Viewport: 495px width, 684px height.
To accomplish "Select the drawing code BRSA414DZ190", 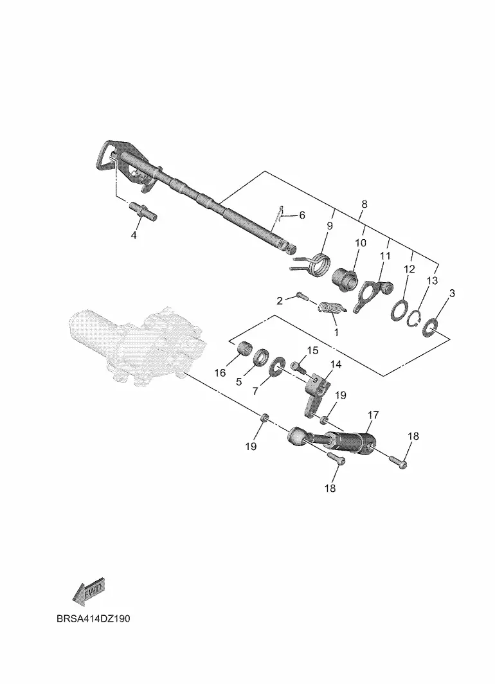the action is (x=93, y=619).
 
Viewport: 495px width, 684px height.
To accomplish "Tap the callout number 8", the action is (x=364, y=204).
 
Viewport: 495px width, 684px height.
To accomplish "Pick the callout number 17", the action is (x=373, y=415).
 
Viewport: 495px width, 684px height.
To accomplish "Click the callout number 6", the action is (x=301, y=215).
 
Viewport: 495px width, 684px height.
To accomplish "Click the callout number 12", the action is (x=410, y=269).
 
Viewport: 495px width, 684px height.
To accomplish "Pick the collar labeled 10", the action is (x=345, y=278).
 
